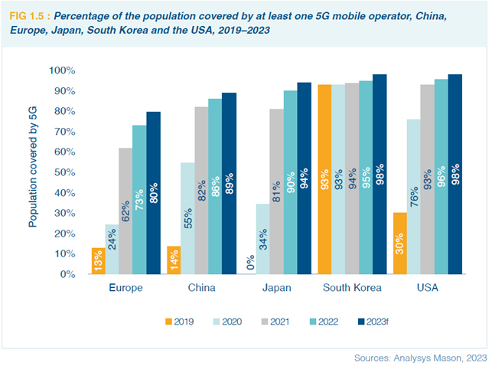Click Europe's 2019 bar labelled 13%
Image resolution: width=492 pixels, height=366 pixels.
[x=98, y=261]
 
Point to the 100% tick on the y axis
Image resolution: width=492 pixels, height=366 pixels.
[x=62, y=70]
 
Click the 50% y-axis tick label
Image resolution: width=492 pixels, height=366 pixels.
[x=64, y=172]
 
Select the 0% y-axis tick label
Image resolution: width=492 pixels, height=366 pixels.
[x=67, y=274]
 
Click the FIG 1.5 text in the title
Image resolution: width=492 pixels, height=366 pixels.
[x=30, y=15]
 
